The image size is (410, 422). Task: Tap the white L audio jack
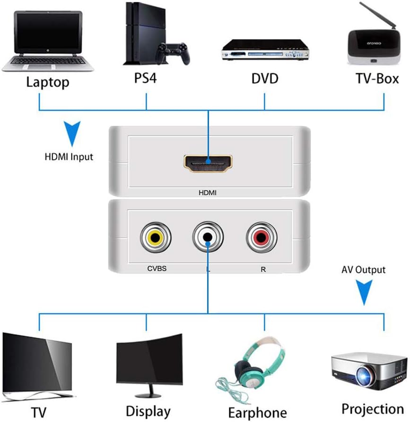pos(208,237)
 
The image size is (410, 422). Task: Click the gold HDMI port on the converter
pos(208,162)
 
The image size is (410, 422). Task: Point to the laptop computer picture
pos(46,40)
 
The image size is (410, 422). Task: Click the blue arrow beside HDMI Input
pos(71,133)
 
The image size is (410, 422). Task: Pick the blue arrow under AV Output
pos(363,293)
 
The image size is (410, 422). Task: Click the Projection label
pos(373,408)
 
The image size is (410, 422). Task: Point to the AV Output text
pos(363,270)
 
